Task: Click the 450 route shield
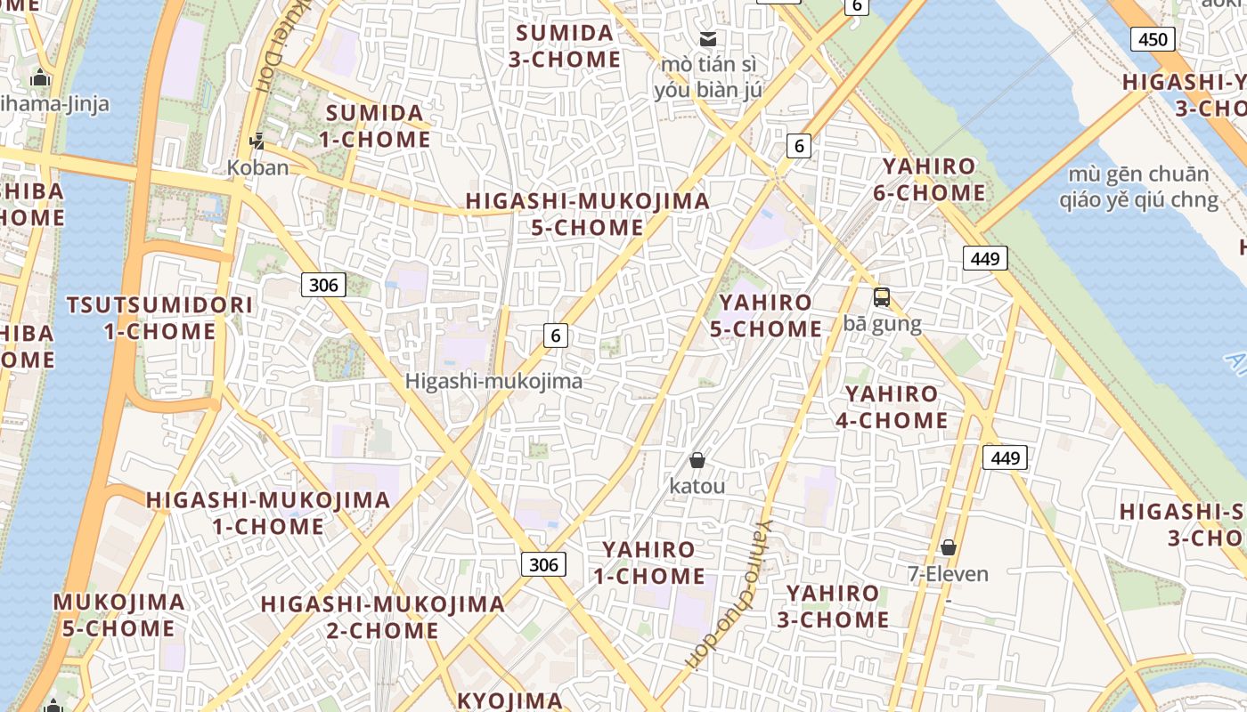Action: pos(1153,38)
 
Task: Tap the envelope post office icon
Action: pos(708,38)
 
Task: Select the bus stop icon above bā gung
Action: pos(882,297)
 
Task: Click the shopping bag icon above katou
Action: pos(697,460)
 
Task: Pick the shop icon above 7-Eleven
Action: pos(949,547)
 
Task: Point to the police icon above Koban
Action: pos(257,141)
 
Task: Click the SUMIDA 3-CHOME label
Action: pos(566,46)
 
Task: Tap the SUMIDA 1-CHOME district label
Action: pos(378,126)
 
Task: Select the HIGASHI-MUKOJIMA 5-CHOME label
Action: pos(588,214)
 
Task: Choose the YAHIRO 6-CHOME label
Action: pos(933,180)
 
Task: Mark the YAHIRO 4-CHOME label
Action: pos(892,407)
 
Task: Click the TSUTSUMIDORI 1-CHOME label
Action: pos(160,319)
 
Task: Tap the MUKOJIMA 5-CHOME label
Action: pos(118,615)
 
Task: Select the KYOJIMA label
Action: pos(509,700)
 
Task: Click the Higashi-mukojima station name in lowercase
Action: pos(493,382)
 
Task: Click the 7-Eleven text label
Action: pos(948,574)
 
